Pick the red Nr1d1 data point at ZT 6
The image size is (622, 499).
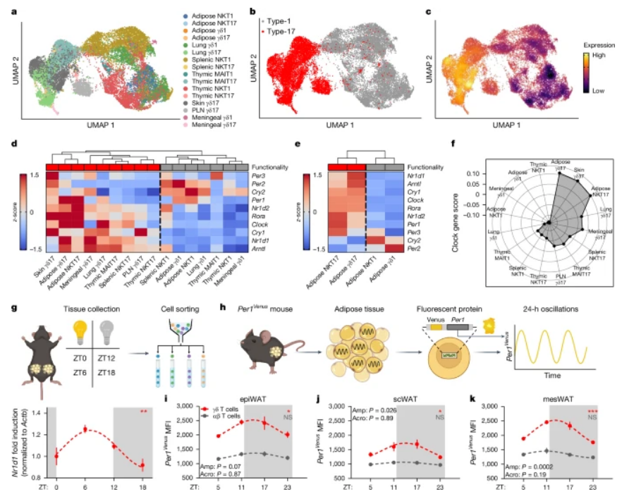point(85,429)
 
